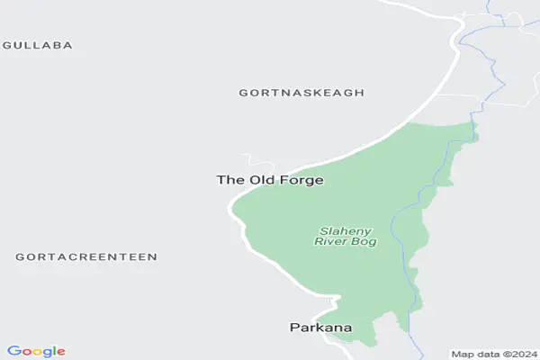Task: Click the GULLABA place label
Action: [x=39, y=44]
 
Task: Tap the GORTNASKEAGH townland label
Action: [x=301, y=93]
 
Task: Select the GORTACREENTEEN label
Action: [x=86, y=256]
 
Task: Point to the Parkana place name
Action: [x=320, y=328]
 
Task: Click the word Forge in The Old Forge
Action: [x=300, y=180]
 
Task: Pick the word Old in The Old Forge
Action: [x=260, y=180]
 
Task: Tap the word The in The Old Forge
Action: [x=229, y=180]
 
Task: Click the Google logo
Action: [x=36, y=351]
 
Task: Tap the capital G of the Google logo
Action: [x=13, y=351]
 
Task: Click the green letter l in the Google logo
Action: [x=53, y=351]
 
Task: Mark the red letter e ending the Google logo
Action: [x=60, y=352]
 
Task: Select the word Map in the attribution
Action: [x=461, y=354]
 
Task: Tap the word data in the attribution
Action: [x=485, y=354]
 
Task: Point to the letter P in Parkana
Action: [x=294, y=328]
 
